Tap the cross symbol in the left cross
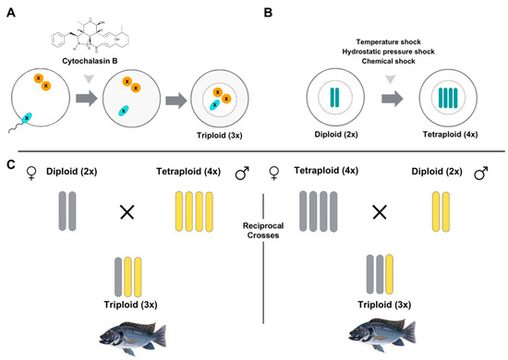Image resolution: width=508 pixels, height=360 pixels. click(127, 211)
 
